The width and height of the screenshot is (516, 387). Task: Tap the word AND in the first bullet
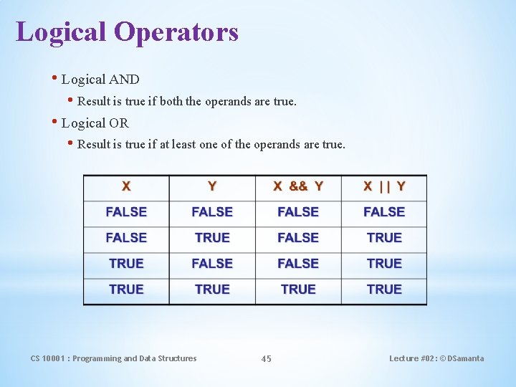tap(124, 80)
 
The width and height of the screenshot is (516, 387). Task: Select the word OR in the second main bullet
tap(119, 123)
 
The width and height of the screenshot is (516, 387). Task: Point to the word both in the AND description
tap(171, 102)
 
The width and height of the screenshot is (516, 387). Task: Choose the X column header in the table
tap(126, 186)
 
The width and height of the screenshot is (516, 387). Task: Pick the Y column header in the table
tap(212, 186)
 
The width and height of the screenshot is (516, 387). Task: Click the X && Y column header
tap(298, 186)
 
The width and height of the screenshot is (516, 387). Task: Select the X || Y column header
tap(384, 186)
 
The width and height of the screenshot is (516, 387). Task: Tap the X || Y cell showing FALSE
tap(384, 212)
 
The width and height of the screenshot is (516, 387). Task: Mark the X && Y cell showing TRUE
tap(298, 290)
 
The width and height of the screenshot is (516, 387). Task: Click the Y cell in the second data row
tap(212, 238)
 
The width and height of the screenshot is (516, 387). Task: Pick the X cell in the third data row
tap(126, 264)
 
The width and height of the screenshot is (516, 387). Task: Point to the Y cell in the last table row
tap(212, 290)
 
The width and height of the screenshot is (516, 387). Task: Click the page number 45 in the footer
tap(266, 359)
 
